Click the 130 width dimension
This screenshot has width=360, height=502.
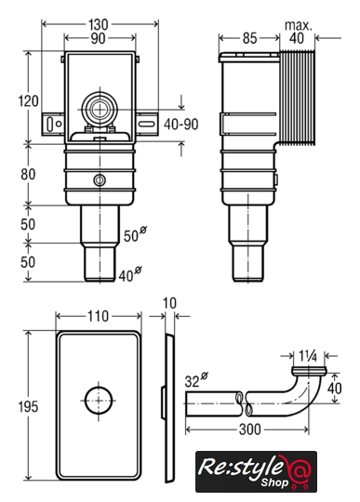tap(98, 24)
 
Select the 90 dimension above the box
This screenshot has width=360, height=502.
tap(98, 38)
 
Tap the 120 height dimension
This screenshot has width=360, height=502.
tap(28, 100)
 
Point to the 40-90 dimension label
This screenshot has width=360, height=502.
tap(181, 125)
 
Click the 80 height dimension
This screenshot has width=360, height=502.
tap(28, 175)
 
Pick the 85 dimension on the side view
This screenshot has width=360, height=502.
tap(249, 38)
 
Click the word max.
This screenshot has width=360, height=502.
tap(299, 25)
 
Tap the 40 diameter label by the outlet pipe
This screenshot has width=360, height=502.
tap(130, 274)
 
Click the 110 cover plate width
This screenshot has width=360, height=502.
tap(98, 316)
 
